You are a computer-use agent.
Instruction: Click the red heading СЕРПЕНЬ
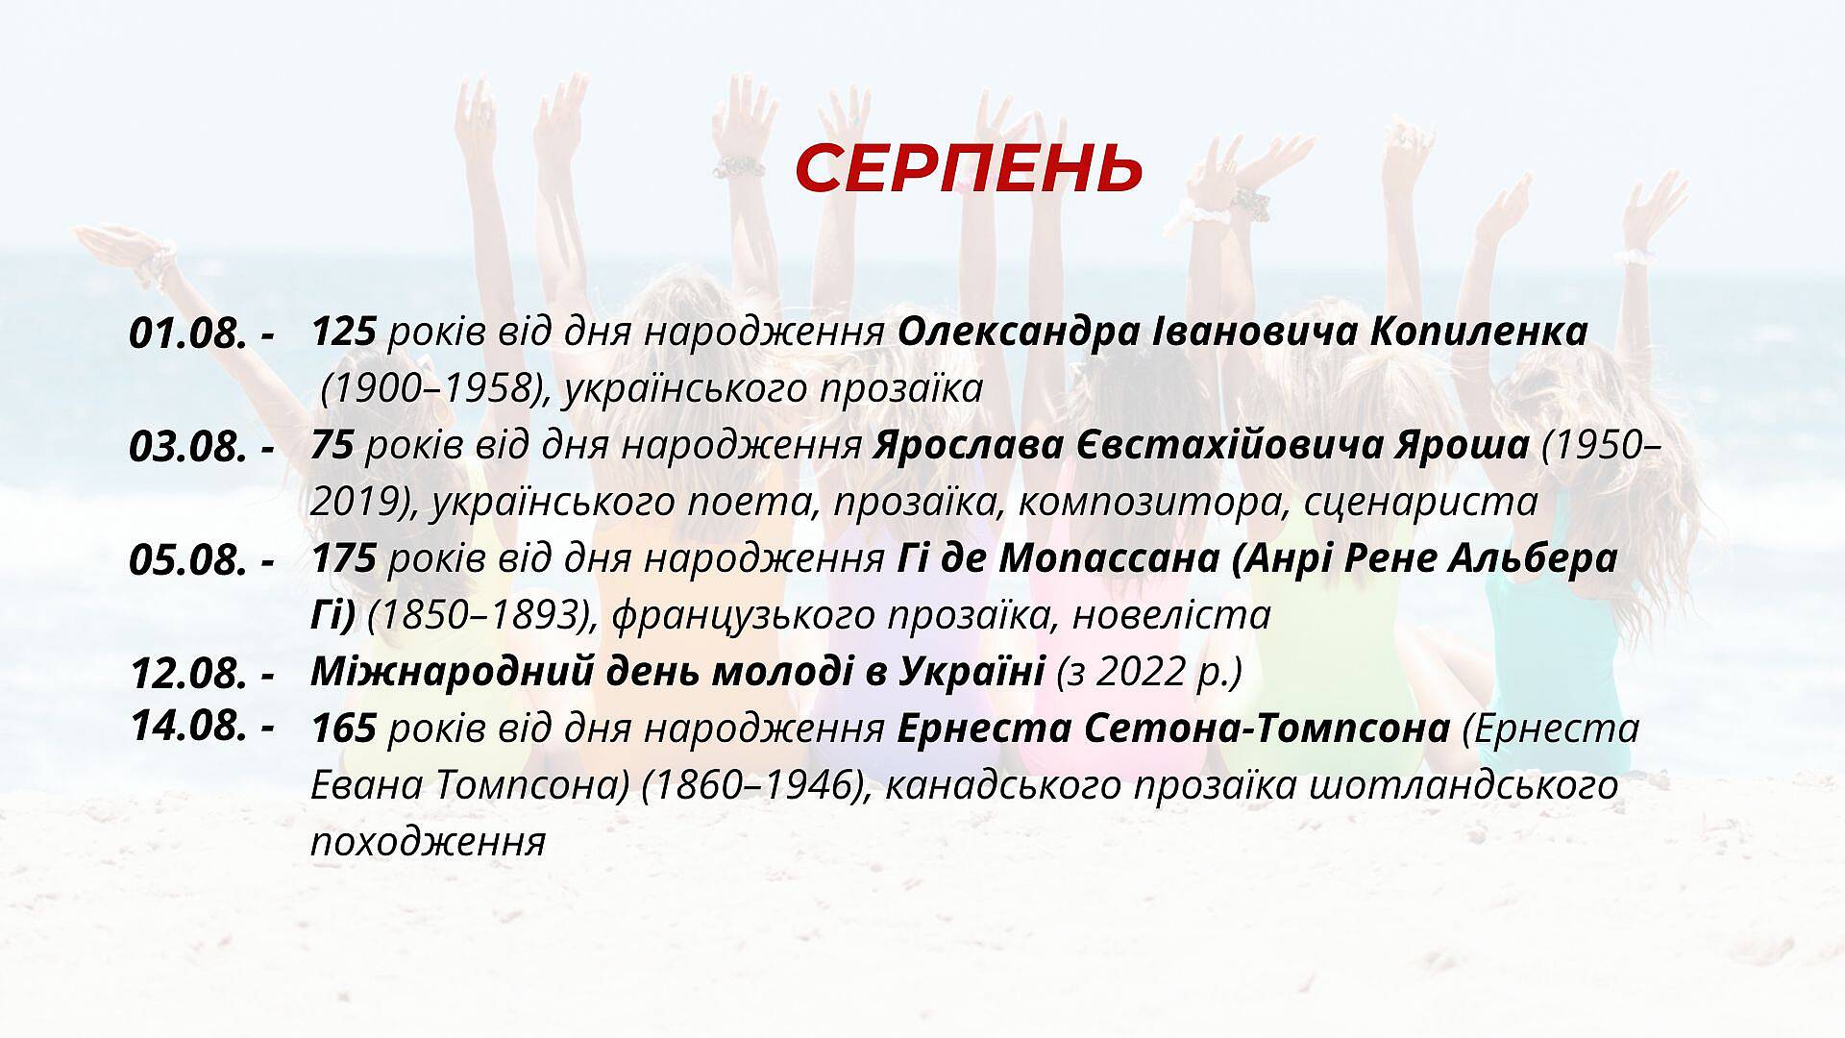(x=969, y=169)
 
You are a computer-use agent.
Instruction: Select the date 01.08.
(x=187, y=334)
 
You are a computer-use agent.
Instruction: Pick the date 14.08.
(x=187, y=726)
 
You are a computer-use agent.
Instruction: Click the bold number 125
(x=343, y=333)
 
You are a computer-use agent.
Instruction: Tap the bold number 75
(x=333, y=446)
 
